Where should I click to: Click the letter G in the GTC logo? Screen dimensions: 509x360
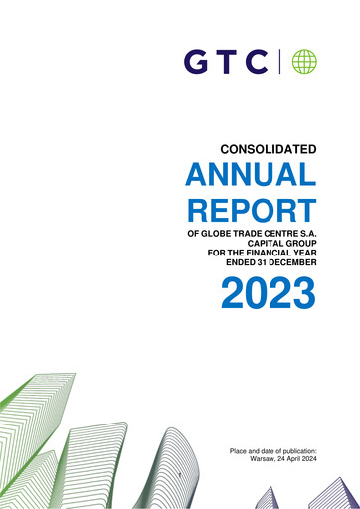coord(196,63)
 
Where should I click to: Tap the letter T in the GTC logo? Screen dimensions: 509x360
coord(226,63)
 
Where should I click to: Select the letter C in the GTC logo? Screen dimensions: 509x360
coord(257,63)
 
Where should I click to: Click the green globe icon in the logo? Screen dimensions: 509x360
coord(303,63)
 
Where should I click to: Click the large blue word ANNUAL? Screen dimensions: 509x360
coord(251,177)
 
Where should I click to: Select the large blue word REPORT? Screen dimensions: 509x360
coord(251,211)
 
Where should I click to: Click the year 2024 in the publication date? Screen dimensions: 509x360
coord(306,460)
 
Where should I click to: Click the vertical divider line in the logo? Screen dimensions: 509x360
coord(280,63)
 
